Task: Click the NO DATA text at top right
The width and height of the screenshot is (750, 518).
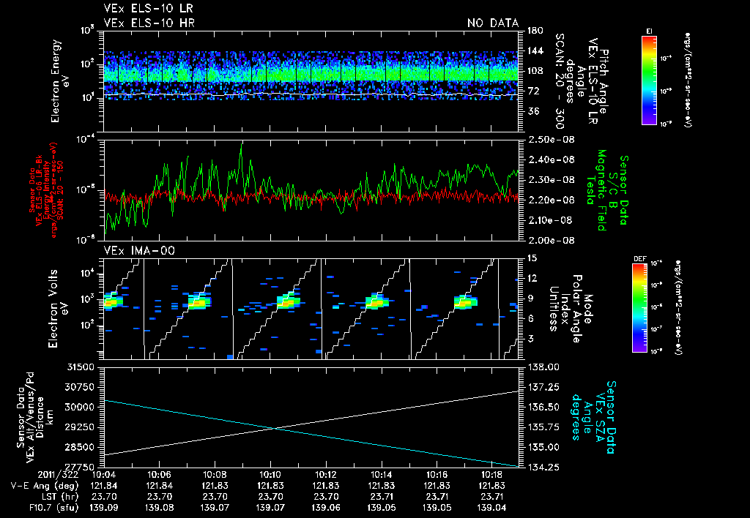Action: (492, 23)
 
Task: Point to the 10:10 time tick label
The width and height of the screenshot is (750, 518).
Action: (271, 473)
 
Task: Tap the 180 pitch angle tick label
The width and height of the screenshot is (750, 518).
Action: (533, 31)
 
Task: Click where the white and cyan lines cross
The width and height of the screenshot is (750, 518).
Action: (273, 428)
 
